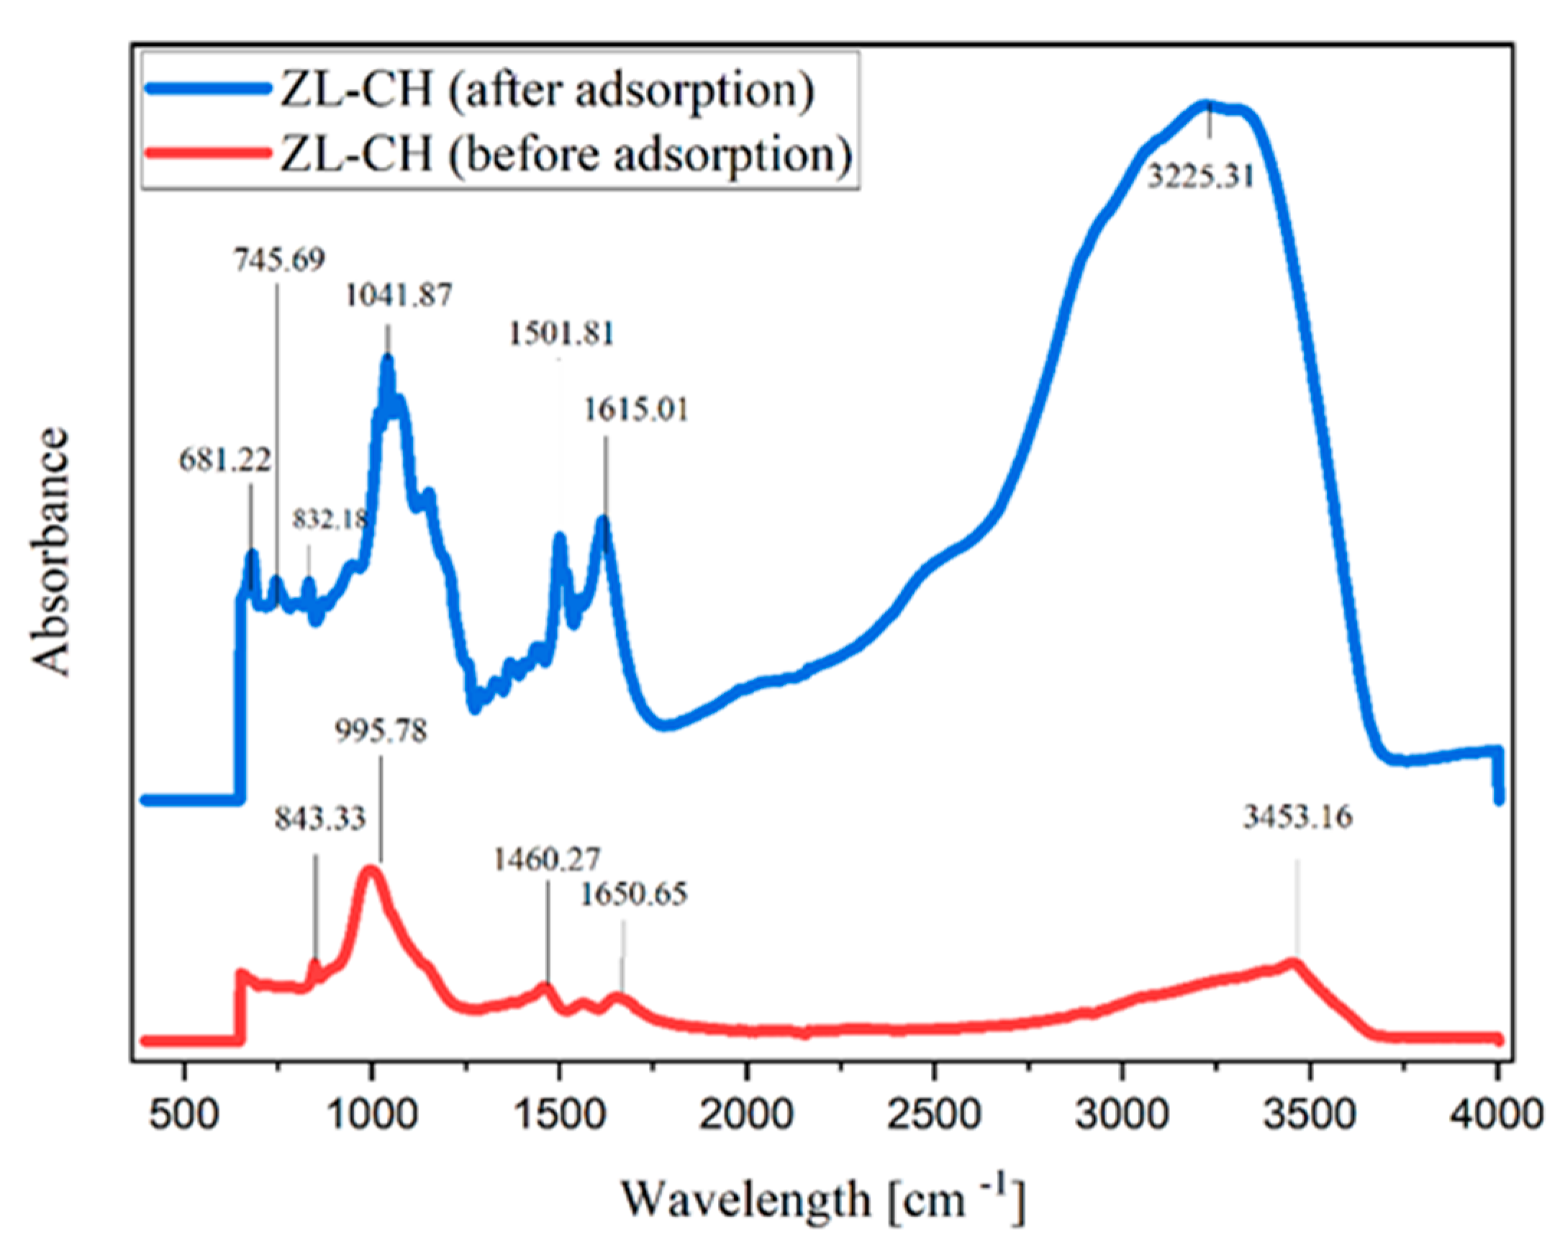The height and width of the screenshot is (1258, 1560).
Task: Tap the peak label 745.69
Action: point(280,259)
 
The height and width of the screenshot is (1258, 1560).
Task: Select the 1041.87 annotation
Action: point(399,296)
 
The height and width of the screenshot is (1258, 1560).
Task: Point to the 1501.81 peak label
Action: point(561,335)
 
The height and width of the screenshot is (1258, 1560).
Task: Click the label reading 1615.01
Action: point(636,410)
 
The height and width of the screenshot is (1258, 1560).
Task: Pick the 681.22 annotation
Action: point(225,460)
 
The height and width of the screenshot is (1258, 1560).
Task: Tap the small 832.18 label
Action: point(330,519)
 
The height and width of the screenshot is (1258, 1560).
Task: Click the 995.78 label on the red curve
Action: point(382,731)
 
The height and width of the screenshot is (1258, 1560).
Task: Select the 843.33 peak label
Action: point(320,820)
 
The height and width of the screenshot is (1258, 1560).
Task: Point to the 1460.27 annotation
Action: point(547,860)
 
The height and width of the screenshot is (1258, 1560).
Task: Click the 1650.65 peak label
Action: point(634,895)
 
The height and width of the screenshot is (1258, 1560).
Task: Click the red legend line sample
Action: point(207,153)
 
